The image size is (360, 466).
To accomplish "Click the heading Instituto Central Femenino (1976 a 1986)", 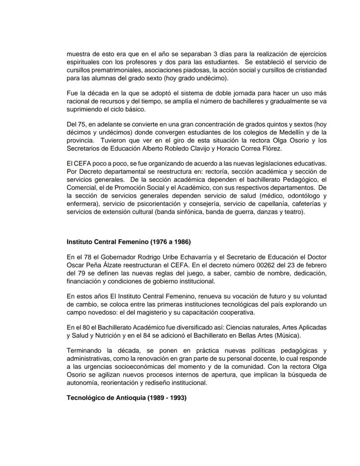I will coord(123,242).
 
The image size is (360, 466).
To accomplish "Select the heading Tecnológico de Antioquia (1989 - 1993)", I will coord(127,397).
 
